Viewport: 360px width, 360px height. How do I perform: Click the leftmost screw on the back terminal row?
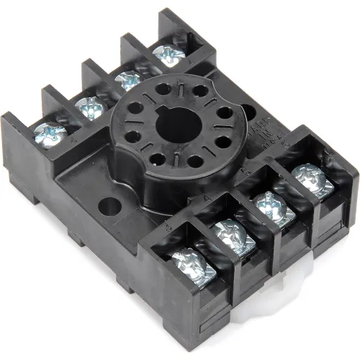(45, 132)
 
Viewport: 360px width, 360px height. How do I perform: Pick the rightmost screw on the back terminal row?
(166, 54)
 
